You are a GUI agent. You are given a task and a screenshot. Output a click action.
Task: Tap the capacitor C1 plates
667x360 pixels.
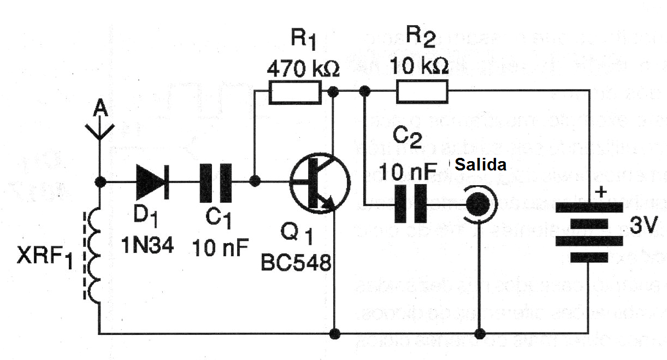click(214, 181)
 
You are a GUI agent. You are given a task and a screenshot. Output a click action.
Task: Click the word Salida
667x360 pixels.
click(480, 164)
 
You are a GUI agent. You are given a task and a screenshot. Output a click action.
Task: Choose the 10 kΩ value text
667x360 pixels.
click(419, 66)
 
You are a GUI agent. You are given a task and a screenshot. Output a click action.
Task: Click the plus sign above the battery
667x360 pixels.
click(600, 192)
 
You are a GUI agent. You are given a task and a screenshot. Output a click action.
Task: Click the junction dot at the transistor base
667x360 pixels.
click(254, 181)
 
